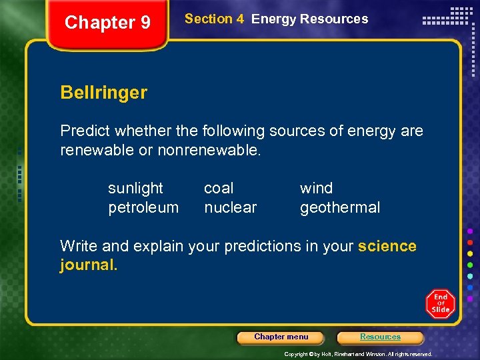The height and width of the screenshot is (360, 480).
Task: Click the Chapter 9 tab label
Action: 107,23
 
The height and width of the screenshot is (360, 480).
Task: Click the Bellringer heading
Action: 103,93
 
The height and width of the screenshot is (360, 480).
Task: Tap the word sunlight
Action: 135,189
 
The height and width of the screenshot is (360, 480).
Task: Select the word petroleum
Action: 143,208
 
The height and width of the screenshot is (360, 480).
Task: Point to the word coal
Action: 219,189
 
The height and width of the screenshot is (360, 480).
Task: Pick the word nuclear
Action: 230,208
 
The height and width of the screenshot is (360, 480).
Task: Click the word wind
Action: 316,189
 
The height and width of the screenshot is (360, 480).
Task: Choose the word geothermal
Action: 340,208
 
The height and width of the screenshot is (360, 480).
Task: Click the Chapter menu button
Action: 281,337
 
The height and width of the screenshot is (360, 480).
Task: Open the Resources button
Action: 380,337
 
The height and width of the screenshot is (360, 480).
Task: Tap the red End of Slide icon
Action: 440,303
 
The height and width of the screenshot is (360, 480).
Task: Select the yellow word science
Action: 387,246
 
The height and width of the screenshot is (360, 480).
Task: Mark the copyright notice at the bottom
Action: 358,354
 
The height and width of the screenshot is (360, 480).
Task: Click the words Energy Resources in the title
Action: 309,19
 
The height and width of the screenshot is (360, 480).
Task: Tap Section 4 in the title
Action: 214,19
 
